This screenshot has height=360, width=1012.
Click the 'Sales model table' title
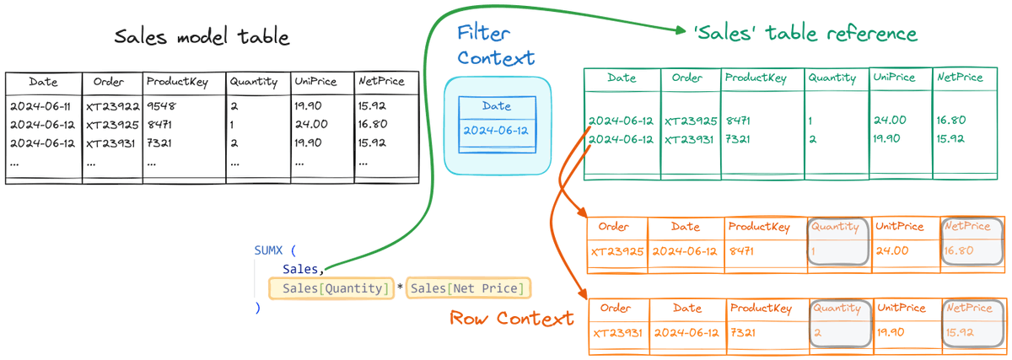202,38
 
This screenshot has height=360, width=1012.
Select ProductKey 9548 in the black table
161,106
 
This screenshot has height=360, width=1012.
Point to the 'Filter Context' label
496,46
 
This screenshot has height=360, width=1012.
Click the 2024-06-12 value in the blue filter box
497,132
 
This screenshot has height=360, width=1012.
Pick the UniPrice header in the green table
895,78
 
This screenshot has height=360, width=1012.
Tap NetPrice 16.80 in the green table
953,121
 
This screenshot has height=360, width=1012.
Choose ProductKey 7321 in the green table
740,139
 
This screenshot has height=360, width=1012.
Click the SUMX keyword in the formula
271,251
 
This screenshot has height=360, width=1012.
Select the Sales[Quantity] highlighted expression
331,289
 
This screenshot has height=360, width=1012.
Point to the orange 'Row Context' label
512,319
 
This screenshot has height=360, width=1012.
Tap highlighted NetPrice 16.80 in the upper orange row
960,250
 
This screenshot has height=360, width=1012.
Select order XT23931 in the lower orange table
617,333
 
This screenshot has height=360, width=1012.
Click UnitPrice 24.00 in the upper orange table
891,250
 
